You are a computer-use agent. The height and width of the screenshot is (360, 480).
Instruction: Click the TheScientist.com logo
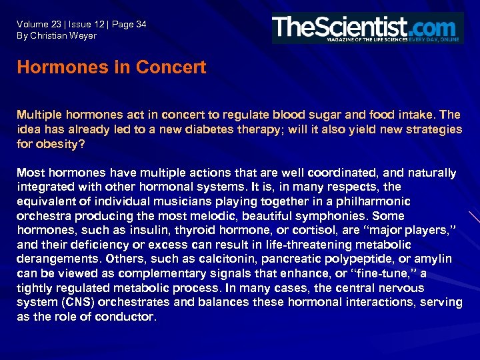[367, 28]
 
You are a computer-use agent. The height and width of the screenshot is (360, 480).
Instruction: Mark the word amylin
[431, 259]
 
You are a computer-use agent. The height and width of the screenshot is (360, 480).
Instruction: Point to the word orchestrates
[149, 302]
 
